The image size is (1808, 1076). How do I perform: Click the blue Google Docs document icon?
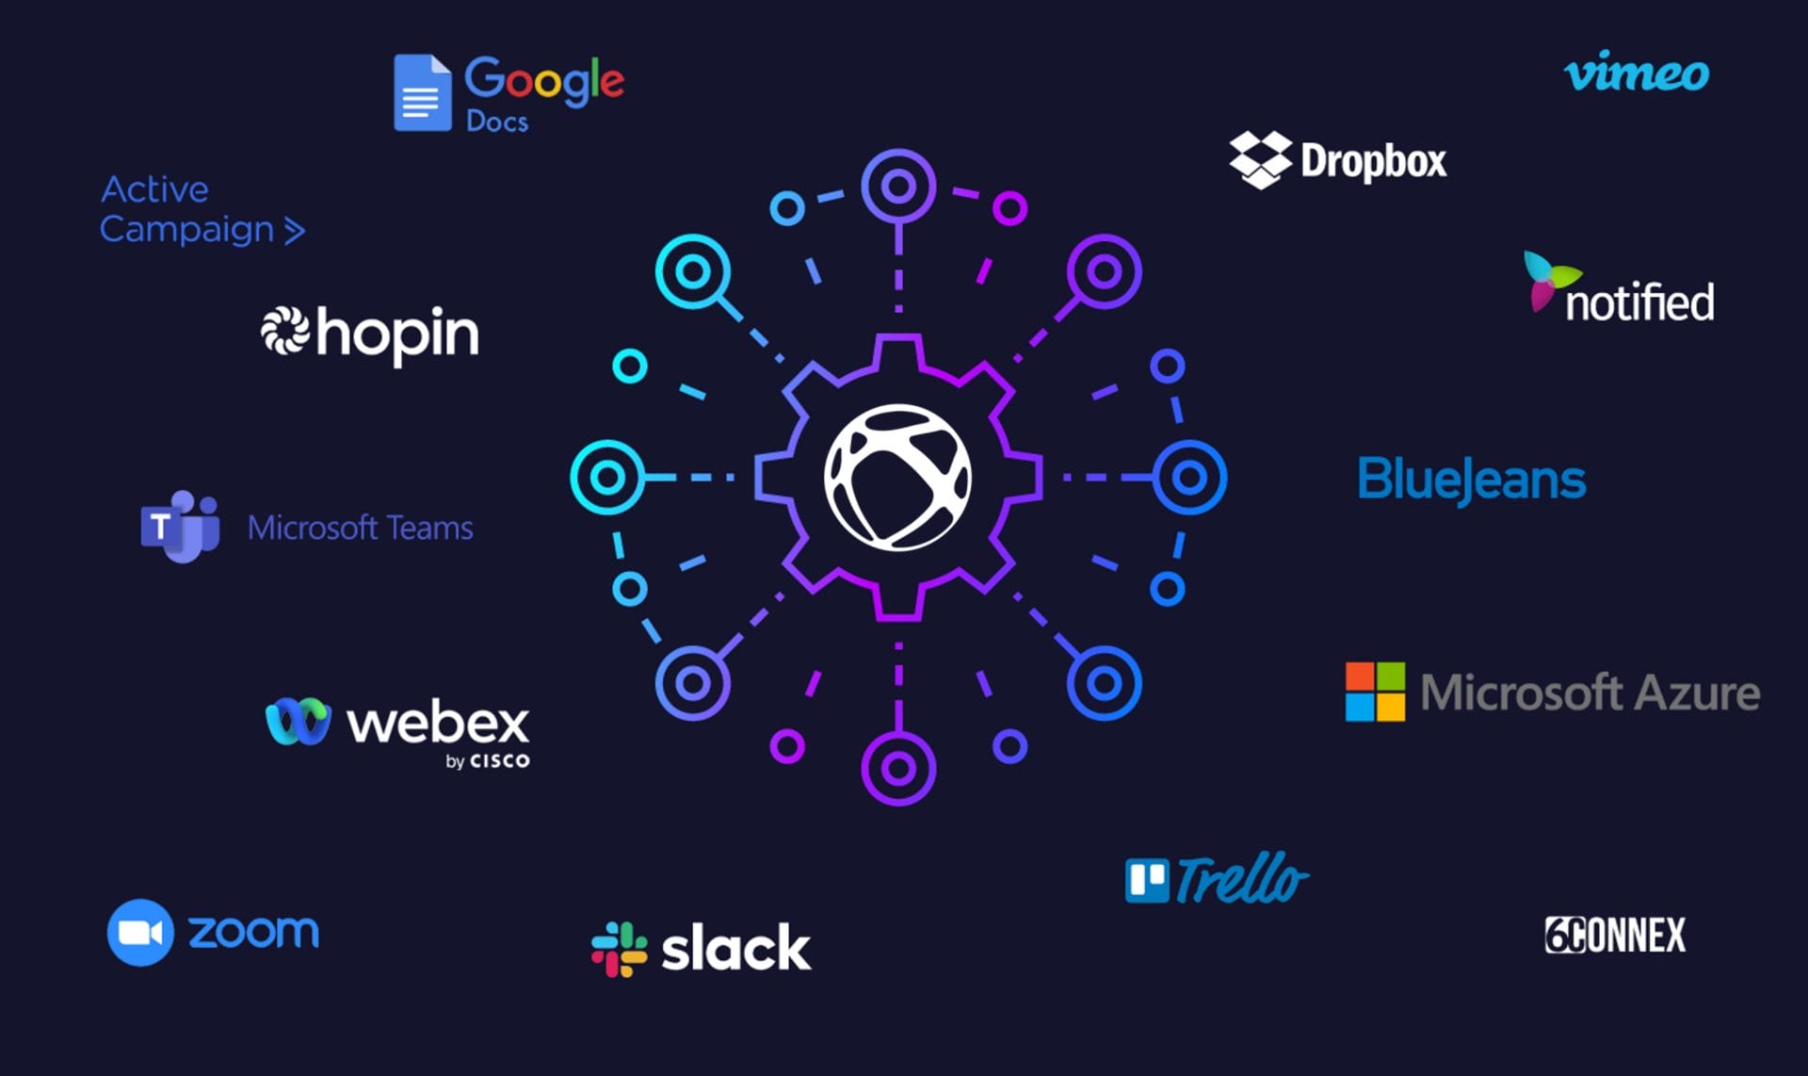click(x=422, y=92)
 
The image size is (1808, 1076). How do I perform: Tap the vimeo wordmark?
click(x=1637, y=73)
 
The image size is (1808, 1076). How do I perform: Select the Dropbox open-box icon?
click(x=1260, y=159)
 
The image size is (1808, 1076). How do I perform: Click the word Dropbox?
click(x=1373, y=162)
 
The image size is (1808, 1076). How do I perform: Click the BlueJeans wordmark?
click(x=1471, y=480)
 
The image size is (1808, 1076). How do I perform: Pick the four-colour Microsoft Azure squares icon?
click(x=1375, y=692)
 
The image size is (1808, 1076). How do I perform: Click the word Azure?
click(x=1697, y=693)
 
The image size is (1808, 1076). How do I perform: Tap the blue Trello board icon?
click(x=1147, y=880)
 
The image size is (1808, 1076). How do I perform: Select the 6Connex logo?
click(x=1615, y=935)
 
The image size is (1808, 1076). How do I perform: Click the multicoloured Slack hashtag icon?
click(x=619, y=949)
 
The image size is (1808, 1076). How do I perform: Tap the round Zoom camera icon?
click(x=140, y=933)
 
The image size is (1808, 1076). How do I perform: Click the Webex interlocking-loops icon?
click(x=298, y=722)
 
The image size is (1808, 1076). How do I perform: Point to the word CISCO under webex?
click(x=499, y=760)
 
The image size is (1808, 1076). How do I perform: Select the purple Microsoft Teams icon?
click(x=180, y=526)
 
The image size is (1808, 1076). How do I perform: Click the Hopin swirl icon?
click(x=284, y=332)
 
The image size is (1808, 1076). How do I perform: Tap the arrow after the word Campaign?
click(x=295, y=231)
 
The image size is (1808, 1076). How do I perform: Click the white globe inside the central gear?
click(x=897, y=477)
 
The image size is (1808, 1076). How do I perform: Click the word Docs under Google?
click(x=497, y=122)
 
